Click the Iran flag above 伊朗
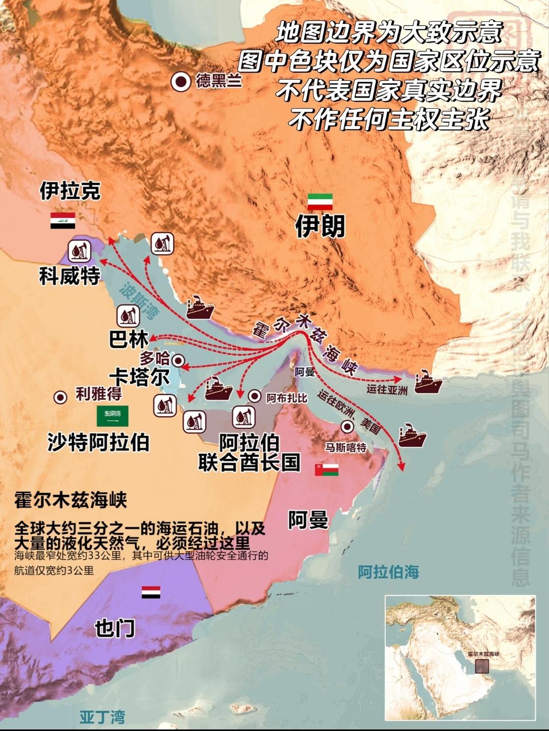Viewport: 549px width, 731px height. point(320,202)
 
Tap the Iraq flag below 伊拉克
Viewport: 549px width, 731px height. point(63,220)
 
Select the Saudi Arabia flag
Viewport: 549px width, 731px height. point(113,416)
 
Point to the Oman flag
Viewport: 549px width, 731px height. point(326,469)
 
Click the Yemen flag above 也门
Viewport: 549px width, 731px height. point(151,592)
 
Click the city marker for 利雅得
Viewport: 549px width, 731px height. point(60,397)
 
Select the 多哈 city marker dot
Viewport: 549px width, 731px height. point(178,361)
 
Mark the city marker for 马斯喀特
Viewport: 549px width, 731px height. point(348,427)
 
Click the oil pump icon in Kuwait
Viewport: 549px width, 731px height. point(78,250)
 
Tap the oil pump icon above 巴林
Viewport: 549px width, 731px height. point(128,317)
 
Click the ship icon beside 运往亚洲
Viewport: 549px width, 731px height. point(428,383)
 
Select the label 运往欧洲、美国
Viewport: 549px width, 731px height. point(350,412)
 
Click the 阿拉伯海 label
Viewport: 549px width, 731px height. point(388,572)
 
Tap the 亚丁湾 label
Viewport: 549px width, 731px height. point(102,717)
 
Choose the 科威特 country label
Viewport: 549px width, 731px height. point(70,277)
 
